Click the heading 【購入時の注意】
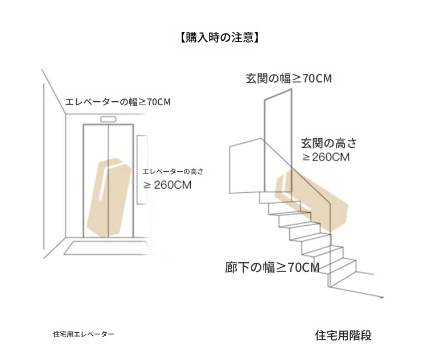(x=218, y=38)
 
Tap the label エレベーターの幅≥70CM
(x=117, y=102)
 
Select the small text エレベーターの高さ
(x=173, y=171)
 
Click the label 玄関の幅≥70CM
(x=289, y=78)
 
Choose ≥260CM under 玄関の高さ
(x=326, y=157)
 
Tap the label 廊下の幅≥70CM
(x=272, y=267)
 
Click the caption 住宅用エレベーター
(x=83, y=334)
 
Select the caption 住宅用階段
(x=343, y=335)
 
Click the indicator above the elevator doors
(x=108, y=119)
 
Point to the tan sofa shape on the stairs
(x=313, y=199)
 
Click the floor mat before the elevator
(x=108, y=247)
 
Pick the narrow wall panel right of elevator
(x=143, y=171)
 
